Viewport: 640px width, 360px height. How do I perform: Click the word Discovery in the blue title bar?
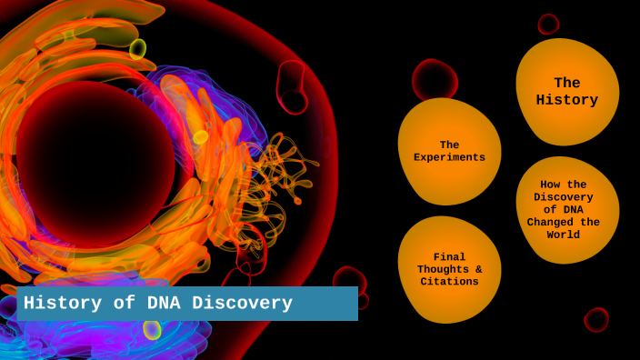pyautogui.click(x=241, y=304)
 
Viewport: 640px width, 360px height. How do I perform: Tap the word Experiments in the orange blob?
pyautogui.click(x=449, y=157)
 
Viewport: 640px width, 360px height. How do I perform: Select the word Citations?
pyautogui.click(x=449, y=282)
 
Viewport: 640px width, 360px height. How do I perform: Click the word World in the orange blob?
pyautogui.click(x=564, y=235)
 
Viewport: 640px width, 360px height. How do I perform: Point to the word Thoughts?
pyautogui.click(x=443, y=269)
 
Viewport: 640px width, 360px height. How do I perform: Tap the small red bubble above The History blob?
pyautogui.click(x=548, y=24)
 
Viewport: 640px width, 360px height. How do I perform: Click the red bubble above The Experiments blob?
pyautogui.click(x=434, y=79)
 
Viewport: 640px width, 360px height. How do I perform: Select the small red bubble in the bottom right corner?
pyautogui.click(x=596, y=319)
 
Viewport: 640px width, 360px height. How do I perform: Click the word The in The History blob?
pyautogui.click(x=566, y=84)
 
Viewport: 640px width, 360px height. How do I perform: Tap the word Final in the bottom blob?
pyautogui.click(x=449, y=256)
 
